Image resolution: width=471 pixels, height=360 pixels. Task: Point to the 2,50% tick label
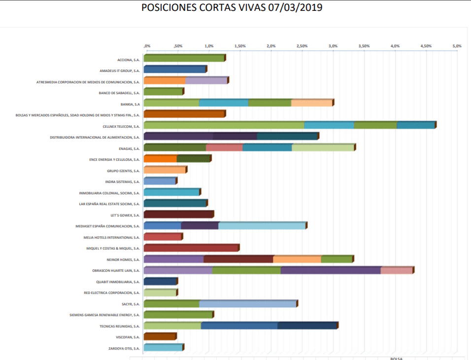[302, 46]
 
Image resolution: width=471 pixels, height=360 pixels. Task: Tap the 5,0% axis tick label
[457, 46]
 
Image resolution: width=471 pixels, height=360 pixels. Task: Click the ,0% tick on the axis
[147, 46]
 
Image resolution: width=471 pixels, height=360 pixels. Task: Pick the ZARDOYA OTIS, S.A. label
[124, 348]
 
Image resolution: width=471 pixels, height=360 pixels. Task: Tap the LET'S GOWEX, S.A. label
[126, 215]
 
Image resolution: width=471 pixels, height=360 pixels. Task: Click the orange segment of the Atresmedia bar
[165, 81]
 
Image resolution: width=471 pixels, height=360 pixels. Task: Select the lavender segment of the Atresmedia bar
[206, 81]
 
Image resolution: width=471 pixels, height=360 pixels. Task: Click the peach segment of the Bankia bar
[311, 103]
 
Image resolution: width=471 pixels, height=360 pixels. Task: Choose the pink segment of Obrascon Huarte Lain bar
[396, 270]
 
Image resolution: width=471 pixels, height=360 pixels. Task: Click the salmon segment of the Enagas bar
[224, 147]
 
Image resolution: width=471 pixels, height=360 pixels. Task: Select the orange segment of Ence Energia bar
[160, 159]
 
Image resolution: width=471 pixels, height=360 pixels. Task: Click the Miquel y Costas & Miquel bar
[191, 248]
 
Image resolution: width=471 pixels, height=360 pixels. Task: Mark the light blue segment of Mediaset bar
[262, 226]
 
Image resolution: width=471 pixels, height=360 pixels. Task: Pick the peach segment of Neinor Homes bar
[297, 259]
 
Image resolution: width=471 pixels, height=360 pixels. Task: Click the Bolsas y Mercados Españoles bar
[184, 114]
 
